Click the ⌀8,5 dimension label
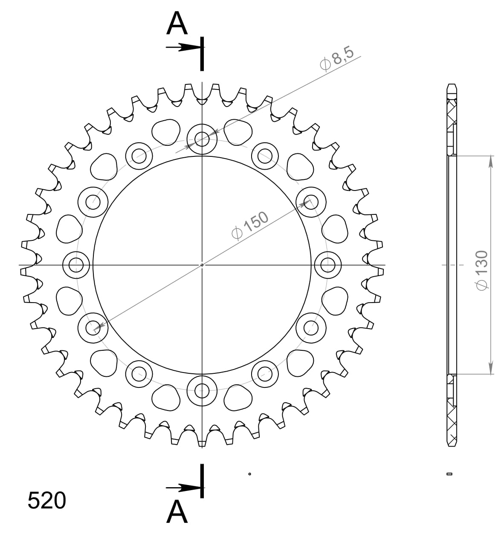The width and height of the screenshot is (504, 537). coord(337,59)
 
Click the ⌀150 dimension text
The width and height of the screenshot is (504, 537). coord(250,225)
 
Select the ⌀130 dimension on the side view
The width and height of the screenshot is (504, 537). coord(481,271)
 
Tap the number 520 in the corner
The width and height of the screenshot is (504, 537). coord(47,501)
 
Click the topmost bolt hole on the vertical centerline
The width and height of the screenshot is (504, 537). coord(202,139)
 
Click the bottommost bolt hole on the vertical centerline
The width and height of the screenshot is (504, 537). coord(202,389)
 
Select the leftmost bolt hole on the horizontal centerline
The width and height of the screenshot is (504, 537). coord(76,265)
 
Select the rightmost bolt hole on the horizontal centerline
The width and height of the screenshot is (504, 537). coord(327,265)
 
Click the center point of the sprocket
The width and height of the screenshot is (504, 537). coord(202,265)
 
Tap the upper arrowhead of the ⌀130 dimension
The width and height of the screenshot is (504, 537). coord(491,161)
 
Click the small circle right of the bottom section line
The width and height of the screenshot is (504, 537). coord(249,473)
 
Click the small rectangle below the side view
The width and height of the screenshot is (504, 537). coord(449,474)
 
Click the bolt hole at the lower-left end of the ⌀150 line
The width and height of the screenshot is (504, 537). coord(93,328)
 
